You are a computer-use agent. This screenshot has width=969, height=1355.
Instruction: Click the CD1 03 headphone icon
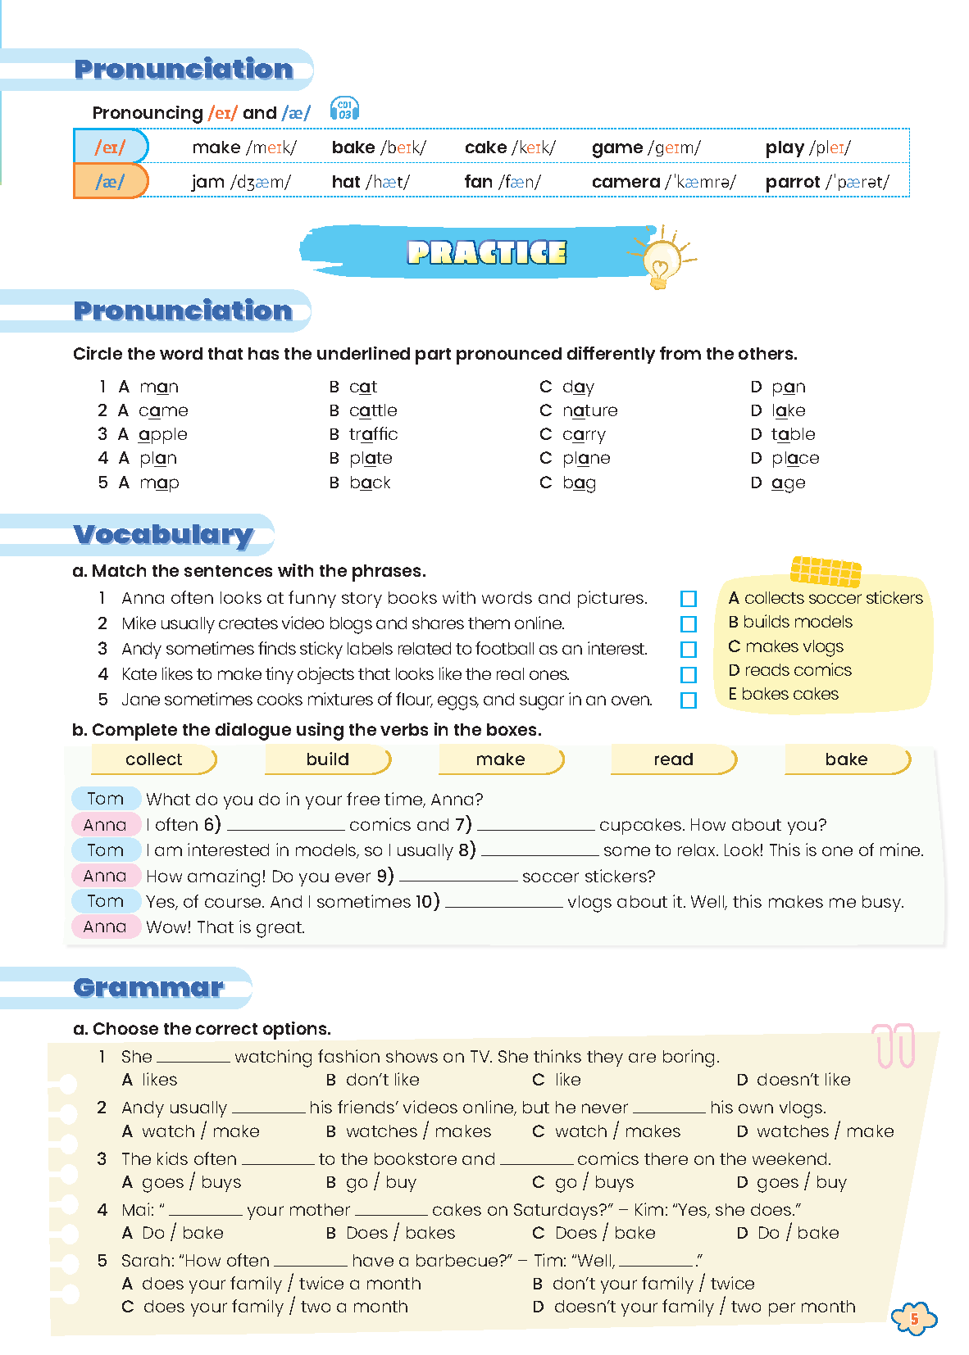click(344, 109)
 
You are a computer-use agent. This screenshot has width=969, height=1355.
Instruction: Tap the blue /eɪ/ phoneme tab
click(111, 147)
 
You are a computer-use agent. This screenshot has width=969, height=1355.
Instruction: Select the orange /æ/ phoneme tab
click(111, 181)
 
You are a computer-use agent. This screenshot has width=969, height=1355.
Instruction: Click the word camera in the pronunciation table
click(626, 182)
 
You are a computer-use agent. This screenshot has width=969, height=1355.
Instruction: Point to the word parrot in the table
click(792, 182)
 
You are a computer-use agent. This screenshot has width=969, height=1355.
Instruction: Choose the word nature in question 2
click(590, 410)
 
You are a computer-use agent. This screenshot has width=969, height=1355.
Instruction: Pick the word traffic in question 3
click(373, 434)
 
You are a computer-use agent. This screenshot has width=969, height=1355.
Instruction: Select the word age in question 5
click(788, 483)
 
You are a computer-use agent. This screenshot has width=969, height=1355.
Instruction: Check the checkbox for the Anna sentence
click(689, 599)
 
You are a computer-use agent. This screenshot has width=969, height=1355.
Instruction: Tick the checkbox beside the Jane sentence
click(689, 700)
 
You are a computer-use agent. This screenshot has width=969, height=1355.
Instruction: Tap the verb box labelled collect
click(153, 759)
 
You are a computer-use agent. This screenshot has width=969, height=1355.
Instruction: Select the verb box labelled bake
click(846, 759)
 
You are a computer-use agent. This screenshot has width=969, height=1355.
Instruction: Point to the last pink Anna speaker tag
click(105, 927)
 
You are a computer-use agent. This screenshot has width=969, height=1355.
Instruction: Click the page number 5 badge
click(914, 1319)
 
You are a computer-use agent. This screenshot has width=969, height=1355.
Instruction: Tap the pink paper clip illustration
click(893, 1046)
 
